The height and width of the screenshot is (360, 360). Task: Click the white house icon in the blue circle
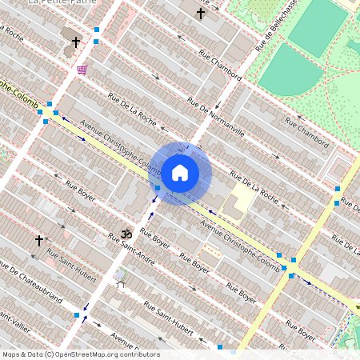tap(180, 172)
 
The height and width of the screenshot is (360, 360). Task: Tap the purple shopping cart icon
tap(82, 70)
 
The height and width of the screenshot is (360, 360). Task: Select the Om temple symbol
tap(124, 234)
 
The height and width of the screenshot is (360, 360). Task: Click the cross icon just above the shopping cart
tap(76, 42)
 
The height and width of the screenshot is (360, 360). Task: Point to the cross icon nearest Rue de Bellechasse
tap(201, 14)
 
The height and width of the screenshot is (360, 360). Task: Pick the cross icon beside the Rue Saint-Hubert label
tap(38, 240)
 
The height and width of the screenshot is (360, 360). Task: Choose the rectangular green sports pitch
tap(318, 26)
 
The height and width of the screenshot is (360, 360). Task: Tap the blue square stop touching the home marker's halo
tap(158, 188)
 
